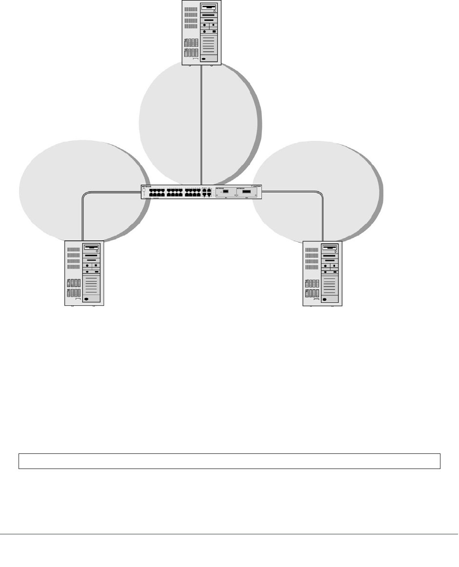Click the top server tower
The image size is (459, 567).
pos(201,32)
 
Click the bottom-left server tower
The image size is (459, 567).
pos(84,273)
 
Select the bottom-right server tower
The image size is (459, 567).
pos(322,273)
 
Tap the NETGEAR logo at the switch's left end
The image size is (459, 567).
pos(146,186)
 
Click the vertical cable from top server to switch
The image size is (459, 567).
pos(201,122)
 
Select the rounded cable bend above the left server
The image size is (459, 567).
pos(86,196)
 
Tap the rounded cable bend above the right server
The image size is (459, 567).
pos(320,195)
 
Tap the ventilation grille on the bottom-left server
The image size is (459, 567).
pos(73,258)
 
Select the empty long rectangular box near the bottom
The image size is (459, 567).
pos(229,461)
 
